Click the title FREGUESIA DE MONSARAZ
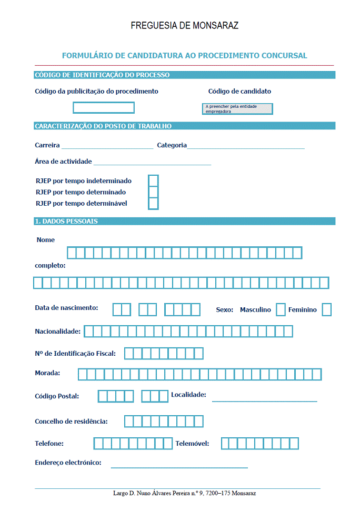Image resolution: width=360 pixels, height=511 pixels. (184, 25)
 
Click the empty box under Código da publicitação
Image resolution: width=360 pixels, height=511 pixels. (104, 108)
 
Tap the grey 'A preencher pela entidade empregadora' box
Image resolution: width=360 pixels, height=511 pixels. (238, 109)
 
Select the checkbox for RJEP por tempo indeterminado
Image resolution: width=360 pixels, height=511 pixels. (154, 181)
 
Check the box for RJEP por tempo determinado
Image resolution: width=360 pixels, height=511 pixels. (154, 192)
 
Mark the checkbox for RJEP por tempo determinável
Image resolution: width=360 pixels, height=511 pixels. (154, 204)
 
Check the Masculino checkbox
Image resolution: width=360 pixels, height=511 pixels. (281, 310)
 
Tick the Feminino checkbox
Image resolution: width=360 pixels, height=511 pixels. (327, 310)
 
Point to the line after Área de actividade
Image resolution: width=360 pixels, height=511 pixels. (152, 164)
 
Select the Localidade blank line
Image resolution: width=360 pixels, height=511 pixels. (264, 400)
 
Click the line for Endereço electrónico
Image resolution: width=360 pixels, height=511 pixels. (179, 466)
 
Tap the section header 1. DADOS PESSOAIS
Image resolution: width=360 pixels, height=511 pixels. (66, 222)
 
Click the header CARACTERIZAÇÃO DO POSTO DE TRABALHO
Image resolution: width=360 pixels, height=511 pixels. (103, 126)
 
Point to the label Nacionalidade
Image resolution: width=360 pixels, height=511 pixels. (58, 332)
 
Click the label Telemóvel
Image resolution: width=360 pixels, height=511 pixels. (192, 444)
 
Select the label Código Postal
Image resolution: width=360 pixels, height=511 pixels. (57, 396)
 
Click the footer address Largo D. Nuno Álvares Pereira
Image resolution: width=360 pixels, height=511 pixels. (184, 494)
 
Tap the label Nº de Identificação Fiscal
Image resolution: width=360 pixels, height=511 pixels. (75, 353)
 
